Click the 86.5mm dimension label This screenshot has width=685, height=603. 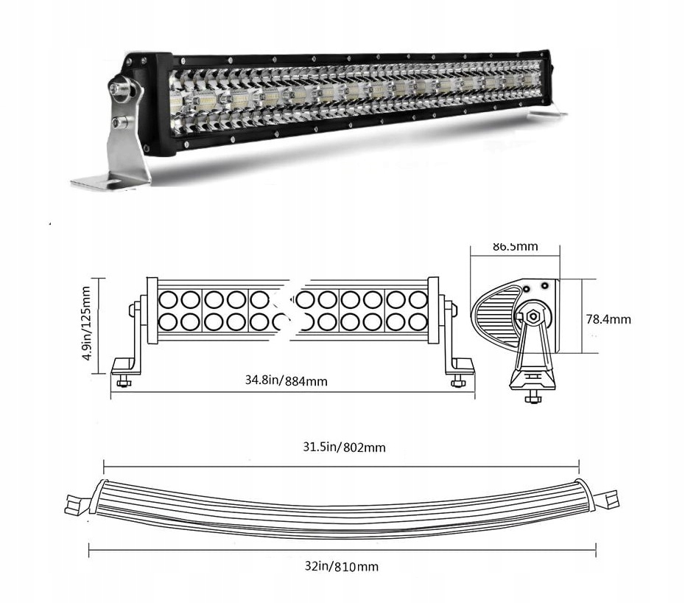[x=515, y=246]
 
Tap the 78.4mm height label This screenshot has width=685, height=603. [x=608, y=319]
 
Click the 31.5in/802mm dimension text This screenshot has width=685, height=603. [x=342, y=447]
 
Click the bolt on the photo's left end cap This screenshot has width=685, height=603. [x=118, y=88]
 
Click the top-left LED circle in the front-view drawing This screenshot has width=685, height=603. [x=167, y=299]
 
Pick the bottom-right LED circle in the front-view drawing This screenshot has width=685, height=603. [x=418, y=322]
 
